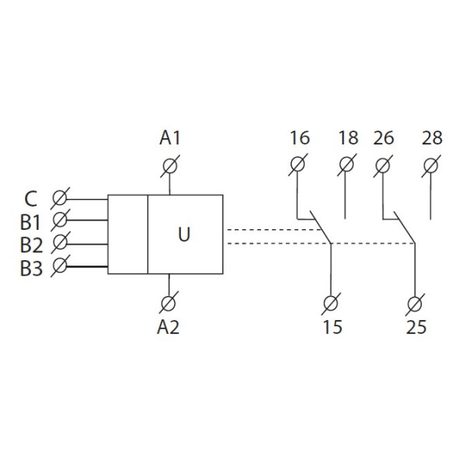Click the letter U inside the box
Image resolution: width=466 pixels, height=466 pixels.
(184, 234)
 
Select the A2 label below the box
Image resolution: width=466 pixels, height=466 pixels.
(169, 327)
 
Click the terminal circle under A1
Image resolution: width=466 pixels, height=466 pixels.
(170, 165)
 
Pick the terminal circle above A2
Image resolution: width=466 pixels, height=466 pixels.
(169, 301)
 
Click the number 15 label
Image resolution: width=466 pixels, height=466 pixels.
(332, 327)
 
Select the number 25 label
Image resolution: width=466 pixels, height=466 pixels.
(416, 327)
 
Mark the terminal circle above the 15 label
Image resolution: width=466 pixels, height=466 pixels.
(332, 301)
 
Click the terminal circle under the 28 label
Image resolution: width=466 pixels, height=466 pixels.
(431, 165)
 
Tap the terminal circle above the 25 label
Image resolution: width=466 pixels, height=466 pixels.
(416, 301)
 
